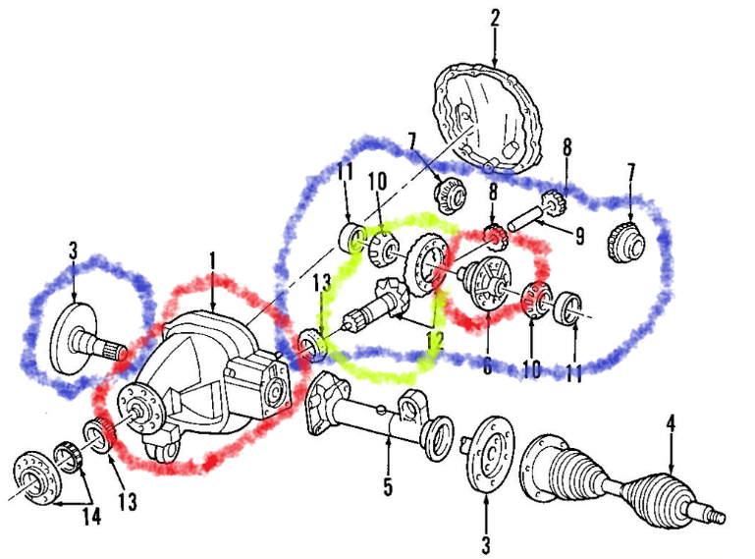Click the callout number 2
[495, 17]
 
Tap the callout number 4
[672, 423]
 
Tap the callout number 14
[91, 517]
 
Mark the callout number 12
[433, 340]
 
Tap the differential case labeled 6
[485, 286]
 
